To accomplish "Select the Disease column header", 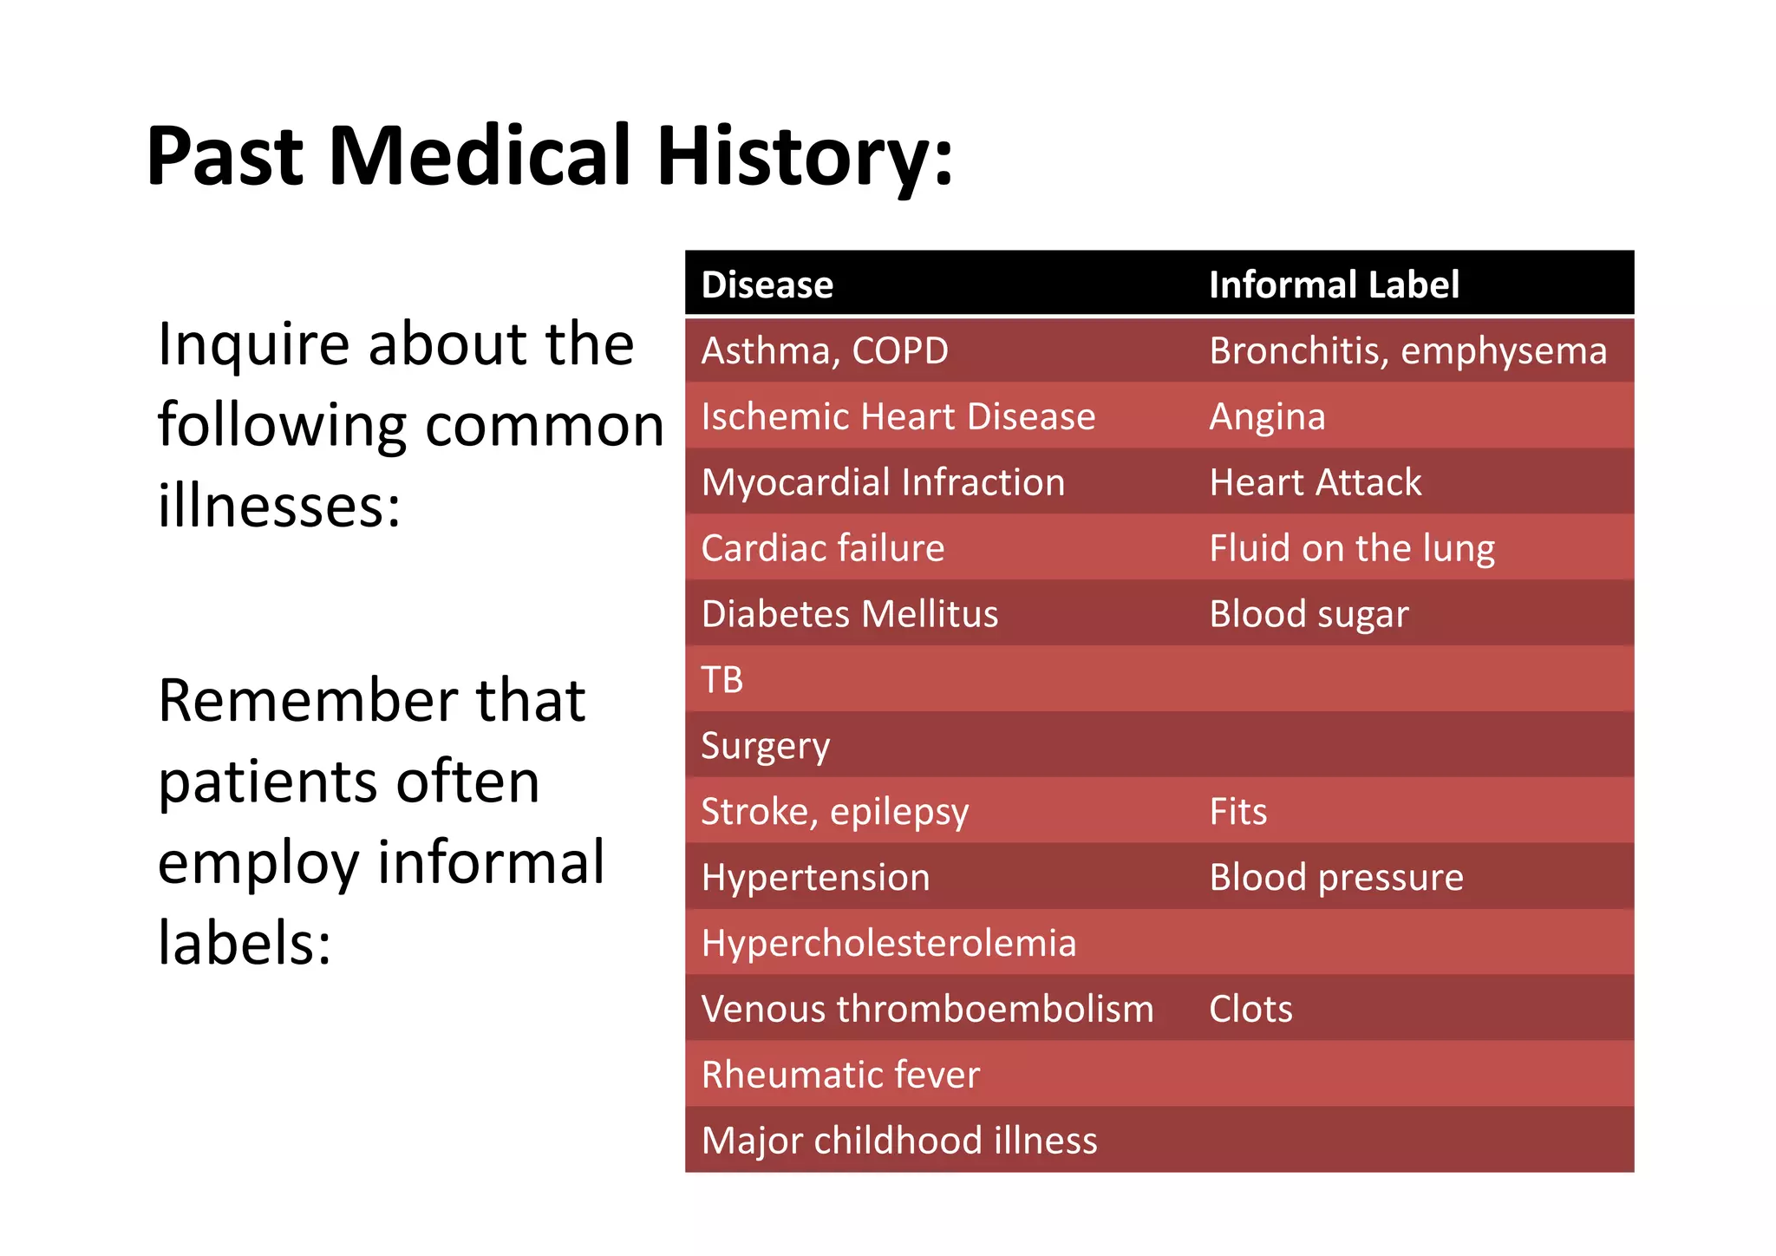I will click(x=767, y=285).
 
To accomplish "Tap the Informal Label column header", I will click(x=1333, y=285).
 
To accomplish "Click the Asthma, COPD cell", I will click(x=824, y=351).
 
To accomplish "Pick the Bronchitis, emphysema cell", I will click(x=1407, y=351).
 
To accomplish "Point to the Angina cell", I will click(x=1267, y=417).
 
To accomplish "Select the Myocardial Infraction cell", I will click(x=883, y=483).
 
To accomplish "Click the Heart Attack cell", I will click(x=1315, y=483).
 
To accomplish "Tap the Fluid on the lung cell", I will click(x=1351, y=549).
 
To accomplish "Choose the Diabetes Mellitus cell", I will click(x=849, y=614).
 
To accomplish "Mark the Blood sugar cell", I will click(x=1308, y=614).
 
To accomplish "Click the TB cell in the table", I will click(x=721, y=680).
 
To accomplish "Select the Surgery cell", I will click(x=765, y=746).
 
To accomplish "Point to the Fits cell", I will click(x=1237, y=812).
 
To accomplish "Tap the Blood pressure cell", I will click(x=1335, y=878).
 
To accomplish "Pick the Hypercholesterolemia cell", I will click(x=888, y=944).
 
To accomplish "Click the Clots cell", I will click(x=1250, y=1010).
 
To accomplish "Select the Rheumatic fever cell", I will click(x=839, y=1075).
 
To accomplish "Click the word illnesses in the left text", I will click(x=278, y=506).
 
